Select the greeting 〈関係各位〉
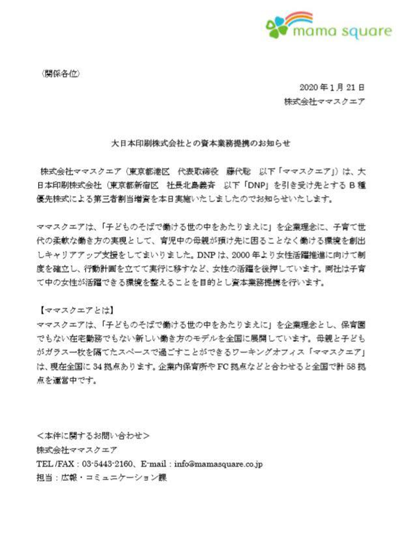[x=60, y=74]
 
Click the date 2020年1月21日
[x=332, y=87]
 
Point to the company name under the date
[x=324, y=102]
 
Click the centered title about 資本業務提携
[x=201, y=143]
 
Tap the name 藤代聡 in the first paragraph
[x=239, y=172]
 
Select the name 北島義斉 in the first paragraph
[x=203, y=185]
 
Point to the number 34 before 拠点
[x=97, y=366]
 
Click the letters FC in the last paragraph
[x=223, y=366]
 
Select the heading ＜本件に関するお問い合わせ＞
[x=93, y=436]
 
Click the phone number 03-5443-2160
[x=107, y=464]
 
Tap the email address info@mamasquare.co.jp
[x=218, y=464]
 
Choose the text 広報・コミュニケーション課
[x=114, y=478]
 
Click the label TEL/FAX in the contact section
[x=55, y=464]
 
